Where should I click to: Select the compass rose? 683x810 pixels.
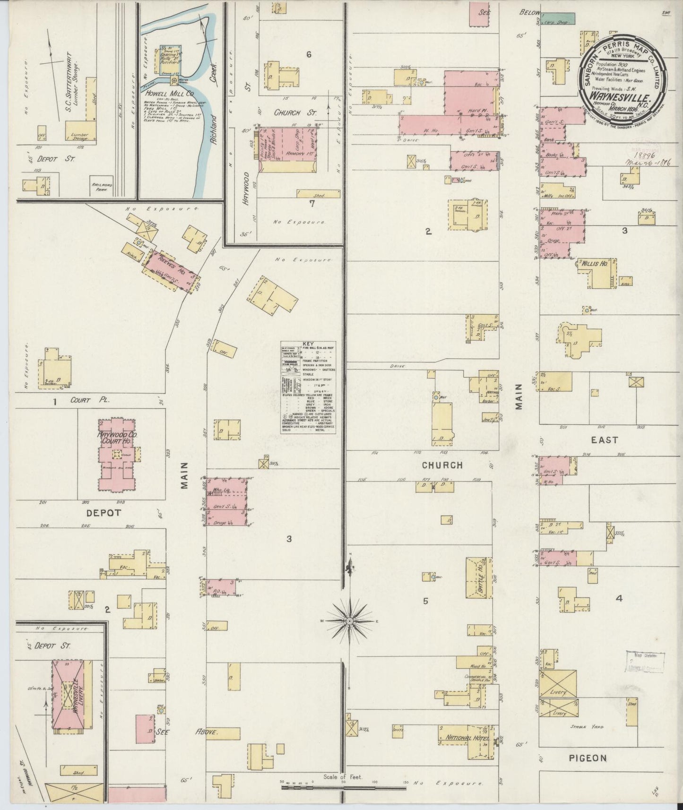(x=349, y=620)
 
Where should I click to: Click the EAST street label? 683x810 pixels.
(x=605, y=439)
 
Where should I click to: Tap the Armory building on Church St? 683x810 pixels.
(x=288, y=150)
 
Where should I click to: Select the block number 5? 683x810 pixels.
(x=425, y=601)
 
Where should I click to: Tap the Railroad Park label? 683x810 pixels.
(x=100, y=187)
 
